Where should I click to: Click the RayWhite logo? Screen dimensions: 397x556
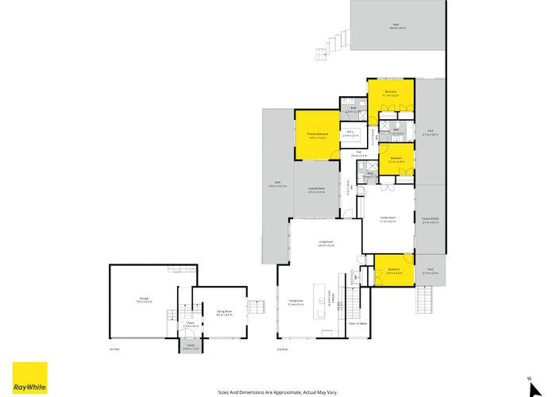pos(29,378)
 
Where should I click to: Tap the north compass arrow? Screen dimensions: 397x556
pos(528,378)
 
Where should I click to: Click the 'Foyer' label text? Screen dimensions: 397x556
pos(190,324)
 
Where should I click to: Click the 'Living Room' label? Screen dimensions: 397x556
pos(326,245)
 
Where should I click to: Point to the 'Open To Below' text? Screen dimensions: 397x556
pos(357,324)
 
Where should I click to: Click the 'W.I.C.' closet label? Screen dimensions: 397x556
pos(350,134)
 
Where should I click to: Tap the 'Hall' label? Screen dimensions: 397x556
pos(358,154)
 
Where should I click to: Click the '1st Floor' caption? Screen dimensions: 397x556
pos(114,349)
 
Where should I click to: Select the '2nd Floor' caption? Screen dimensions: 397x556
pos(280,349)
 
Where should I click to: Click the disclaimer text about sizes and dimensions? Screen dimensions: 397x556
pos(277,391)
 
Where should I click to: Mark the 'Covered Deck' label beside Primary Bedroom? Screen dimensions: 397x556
pos(317,190)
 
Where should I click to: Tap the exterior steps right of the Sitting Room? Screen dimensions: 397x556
pos(256,308)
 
